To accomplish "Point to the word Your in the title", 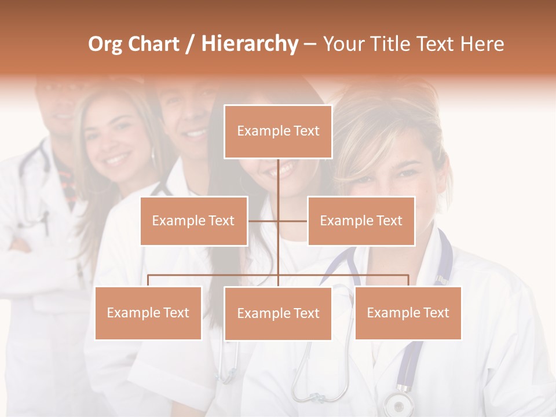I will coord(344,44).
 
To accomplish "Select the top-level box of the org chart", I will coord(278,131).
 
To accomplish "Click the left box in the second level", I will coord(193,221).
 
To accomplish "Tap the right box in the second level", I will coord(361,221).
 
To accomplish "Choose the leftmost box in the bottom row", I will coord(148,313).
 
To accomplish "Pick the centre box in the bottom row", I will coord(278,313).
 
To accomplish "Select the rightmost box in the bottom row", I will coord(408,313).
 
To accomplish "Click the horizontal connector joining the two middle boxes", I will coord(292,221).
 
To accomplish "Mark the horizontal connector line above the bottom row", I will coord(214,275).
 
